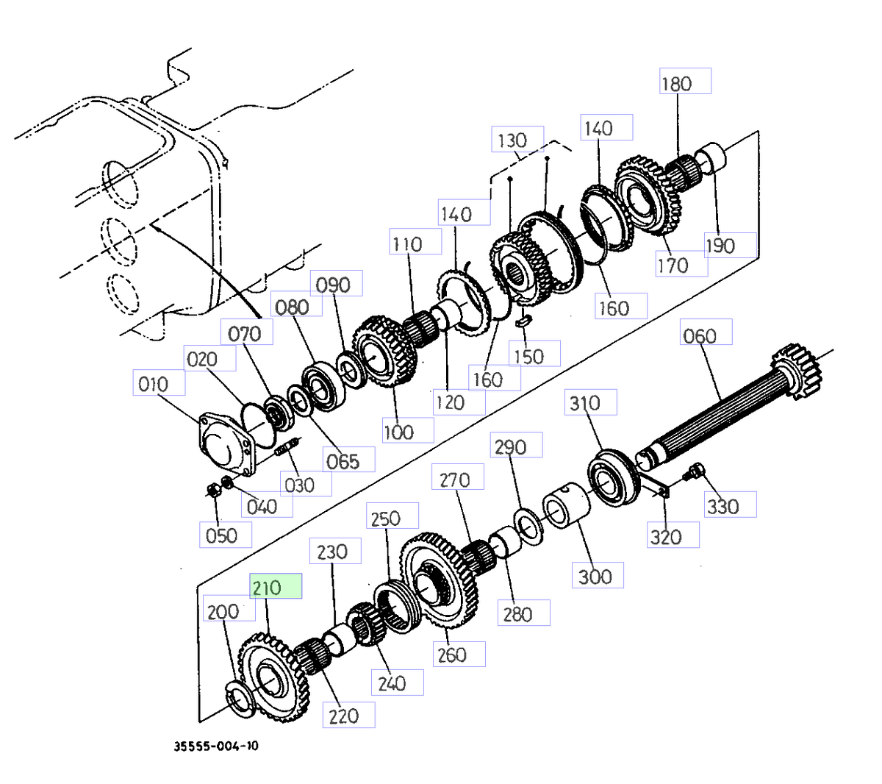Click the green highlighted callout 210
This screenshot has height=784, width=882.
[276, 586]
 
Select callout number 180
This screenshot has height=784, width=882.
[684, 82]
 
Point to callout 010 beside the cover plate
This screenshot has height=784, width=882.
[158, 383]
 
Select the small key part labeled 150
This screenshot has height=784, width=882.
[523, 320]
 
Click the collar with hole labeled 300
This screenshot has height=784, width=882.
[567, 507]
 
